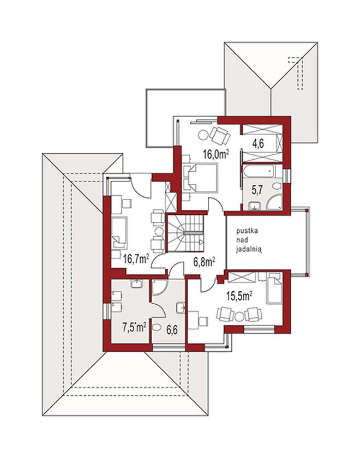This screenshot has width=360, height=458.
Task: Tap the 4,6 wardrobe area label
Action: coord(259,144)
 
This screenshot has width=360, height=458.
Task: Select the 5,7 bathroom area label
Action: coord(257,190)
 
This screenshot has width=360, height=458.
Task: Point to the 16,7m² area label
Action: coord(136,258)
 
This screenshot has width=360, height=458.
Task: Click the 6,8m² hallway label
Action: coord(204,261)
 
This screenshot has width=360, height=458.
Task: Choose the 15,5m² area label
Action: coord(239,296)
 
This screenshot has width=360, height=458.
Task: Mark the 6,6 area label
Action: coord(172,330)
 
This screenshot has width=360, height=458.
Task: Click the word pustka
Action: coord(247,231)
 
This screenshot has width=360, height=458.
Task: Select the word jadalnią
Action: coord(249,249)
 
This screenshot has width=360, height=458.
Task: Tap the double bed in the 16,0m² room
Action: coord(201,178)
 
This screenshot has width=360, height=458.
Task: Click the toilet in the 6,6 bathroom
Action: coord(157,327)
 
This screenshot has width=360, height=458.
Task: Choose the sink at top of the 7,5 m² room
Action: coord(136,284)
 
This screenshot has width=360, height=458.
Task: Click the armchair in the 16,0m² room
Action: coord(220,135)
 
